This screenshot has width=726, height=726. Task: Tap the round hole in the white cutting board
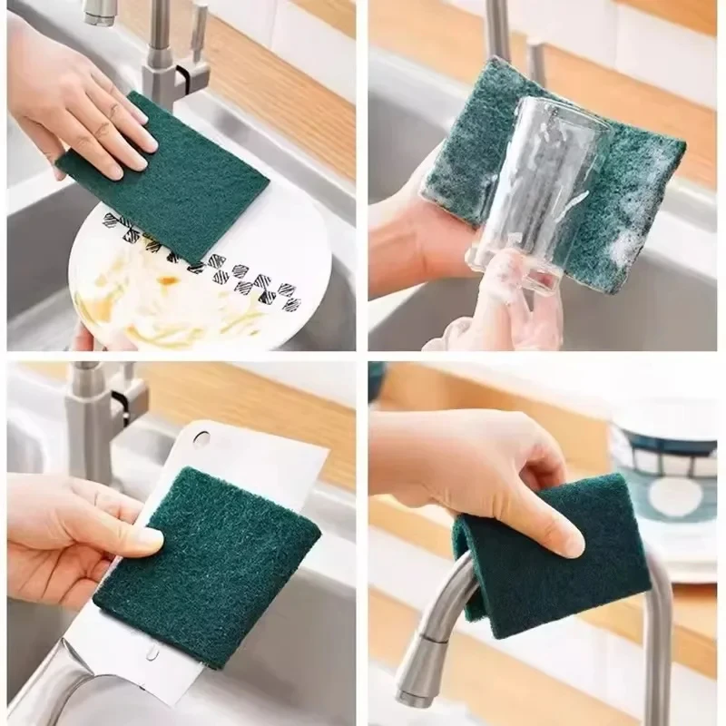pyautogui.click(x=201, y=440)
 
